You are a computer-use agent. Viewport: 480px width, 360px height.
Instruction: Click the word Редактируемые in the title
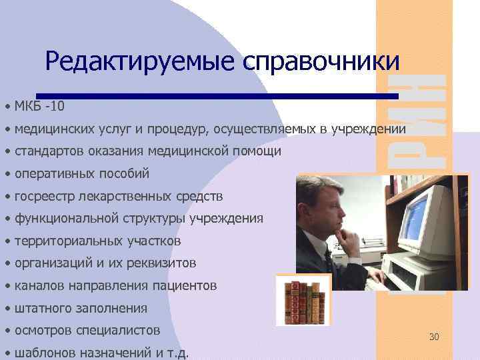(x=141, y=62)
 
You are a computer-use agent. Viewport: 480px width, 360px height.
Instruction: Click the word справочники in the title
(x=323, y=62)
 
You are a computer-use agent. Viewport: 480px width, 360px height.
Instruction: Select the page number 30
(x=434, y=337)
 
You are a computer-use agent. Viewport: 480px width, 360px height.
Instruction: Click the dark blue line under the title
(x=217, y=95)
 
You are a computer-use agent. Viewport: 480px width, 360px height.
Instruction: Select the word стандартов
(x=48, y=151)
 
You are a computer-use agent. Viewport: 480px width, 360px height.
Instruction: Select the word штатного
(x=42, y=309)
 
